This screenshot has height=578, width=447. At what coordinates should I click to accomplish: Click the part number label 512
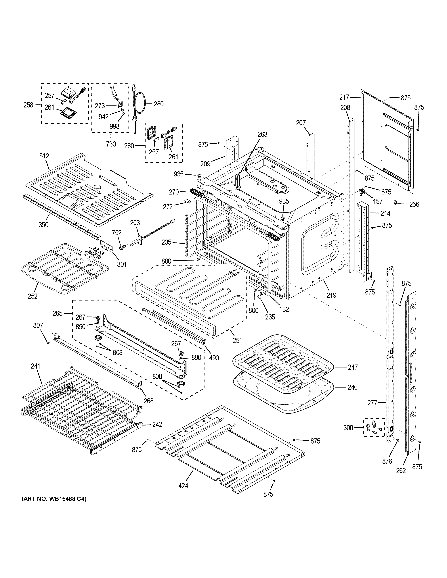click(44, 156)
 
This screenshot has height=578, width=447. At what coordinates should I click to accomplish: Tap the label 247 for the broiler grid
click(353, 367)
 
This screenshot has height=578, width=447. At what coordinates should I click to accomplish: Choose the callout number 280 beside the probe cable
click(159, 104)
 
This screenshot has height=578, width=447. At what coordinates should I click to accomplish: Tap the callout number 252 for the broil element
click(33, 296)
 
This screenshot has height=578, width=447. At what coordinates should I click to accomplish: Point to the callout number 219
click(331, 295)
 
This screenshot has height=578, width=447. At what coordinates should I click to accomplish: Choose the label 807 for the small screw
click(38, 325)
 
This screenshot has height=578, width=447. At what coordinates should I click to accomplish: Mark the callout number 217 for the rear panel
click(345, 97)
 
